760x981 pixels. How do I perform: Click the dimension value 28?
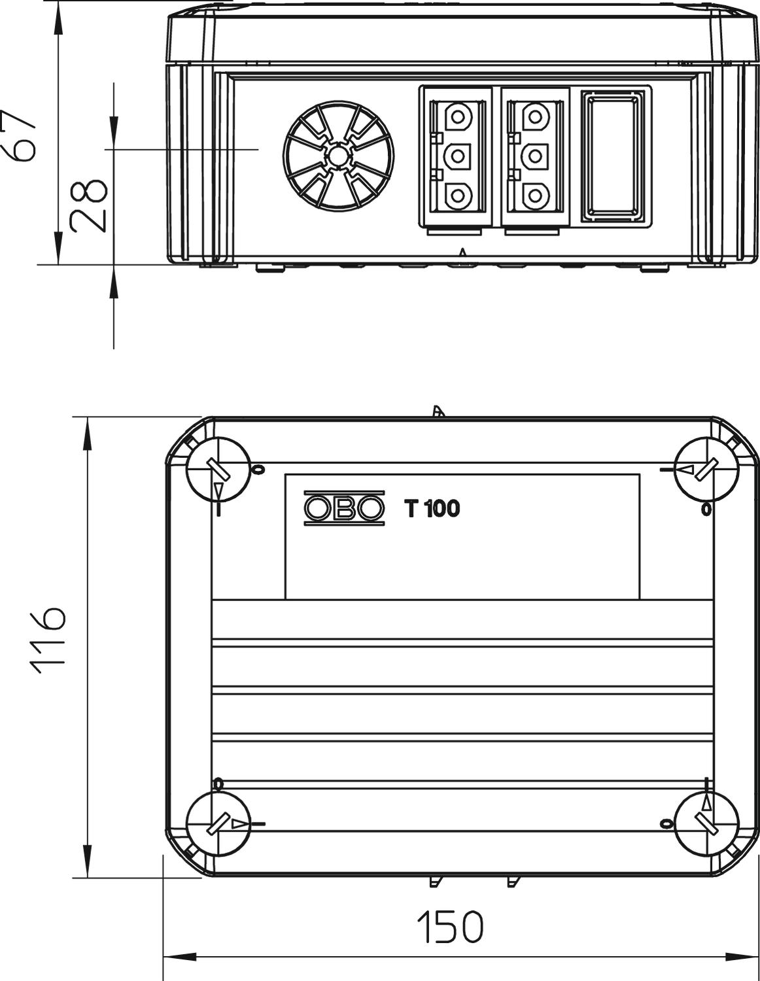point(89,206)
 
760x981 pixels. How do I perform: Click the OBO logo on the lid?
point(344,508)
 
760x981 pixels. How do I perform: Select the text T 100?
point(432,509)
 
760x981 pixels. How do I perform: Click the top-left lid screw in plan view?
point(218,470)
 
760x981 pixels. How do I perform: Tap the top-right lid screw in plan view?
point(707,470)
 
